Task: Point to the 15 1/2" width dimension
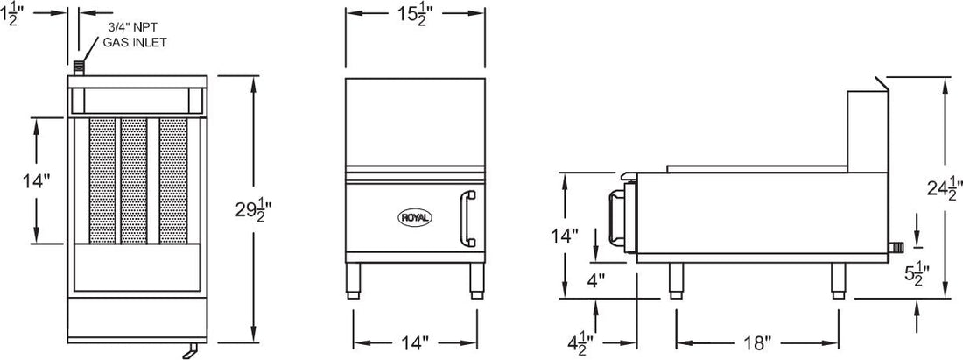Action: [x=414, y=15]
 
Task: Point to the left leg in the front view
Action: [x=354, y=279]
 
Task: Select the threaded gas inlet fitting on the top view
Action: [x=80, y=67]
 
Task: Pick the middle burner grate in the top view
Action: [x=133, y=181]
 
